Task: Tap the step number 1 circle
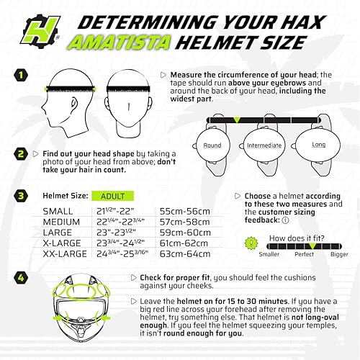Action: click(x=21, y=74)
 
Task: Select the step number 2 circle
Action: click(x=21, y=153)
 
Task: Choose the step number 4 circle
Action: click(x=21, y=277)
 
